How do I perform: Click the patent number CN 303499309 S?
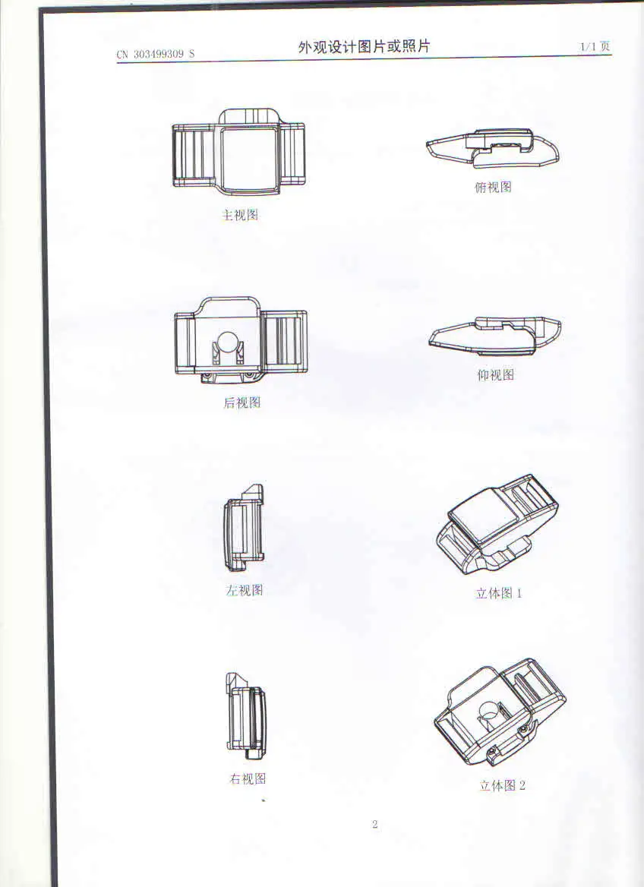pyautogui.click(x=156, y=55)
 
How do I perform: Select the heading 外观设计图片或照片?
pyautogui.click(x=364, y=46)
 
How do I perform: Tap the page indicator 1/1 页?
pyautogui.click(x=595, y=47)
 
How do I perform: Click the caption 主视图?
pyautogui.click(x=240, y=215)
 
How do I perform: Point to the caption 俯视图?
pyautogui.click(x=493, y=188)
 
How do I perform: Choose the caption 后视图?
pyautogui.click(x=241, y=403)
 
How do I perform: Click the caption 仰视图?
pyautogui.click(x=495, y=374)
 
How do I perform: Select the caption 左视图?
pyautogui.click(x=244, y=590)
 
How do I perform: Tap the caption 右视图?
pyautogui.click(x=248, y=778)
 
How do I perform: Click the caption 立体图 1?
pyautogui.click(x=499, y=593)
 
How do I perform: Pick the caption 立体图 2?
pyautogui.click(x=502, y=785)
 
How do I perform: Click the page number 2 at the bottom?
pyautogui.click(x=375, y=825)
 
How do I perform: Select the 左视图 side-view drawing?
pyautogui.click(x=245, y=529)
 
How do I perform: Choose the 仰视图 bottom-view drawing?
pyautogui.click(x=495, y=336)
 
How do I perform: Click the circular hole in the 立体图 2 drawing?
pyautogui.click(x=491, y=712)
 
